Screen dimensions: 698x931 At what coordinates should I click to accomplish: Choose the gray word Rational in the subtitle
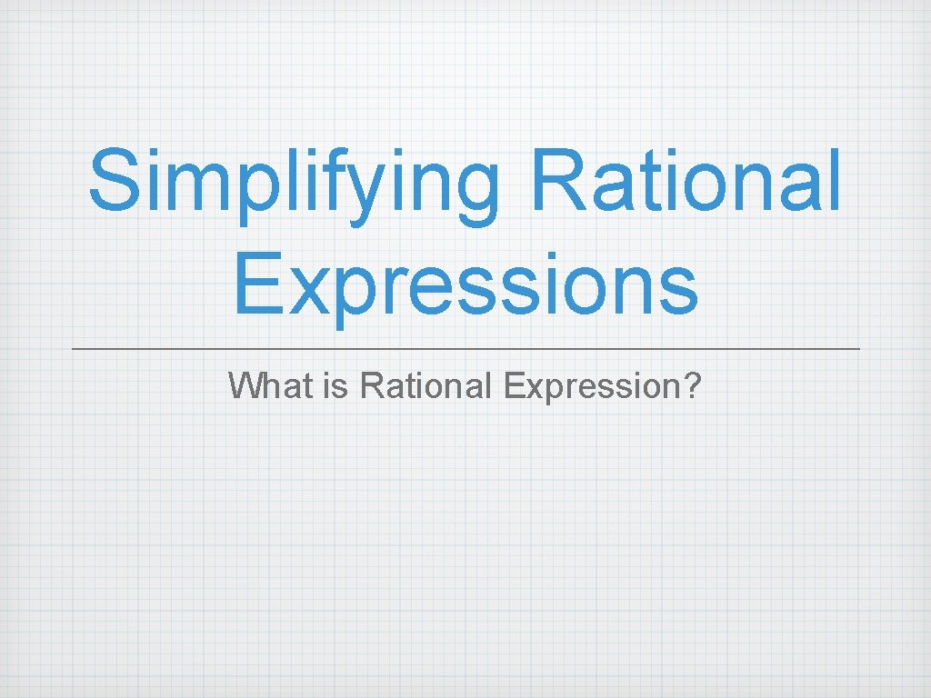click(x=425, y=385)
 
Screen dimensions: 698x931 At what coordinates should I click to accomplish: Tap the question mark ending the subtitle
click(x=693, y=385)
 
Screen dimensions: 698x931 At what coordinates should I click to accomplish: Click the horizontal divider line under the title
click(x=465, y=349)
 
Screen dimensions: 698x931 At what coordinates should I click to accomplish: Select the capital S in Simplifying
click(x=116, y=181)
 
